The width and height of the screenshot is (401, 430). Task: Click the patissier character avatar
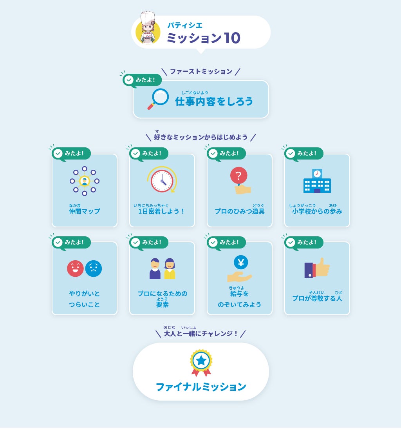click(148, 29)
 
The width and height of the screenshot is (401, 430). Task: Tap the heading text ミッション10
click(203, 38)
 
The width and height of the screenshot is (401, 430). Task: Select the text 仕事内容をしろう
click(214, 102)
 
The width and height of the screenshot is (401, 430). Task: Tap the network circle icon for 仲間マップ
click(84, 181)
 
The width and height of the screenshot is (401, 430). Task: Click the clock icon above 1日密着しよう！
click(162, 180)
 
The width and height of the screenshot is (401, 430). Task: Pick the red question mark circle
click(238, 175)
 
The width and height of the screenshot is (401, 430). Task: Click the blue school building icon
click(317, 181)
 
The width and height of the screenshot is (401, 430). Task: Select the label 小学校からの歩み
click(317, 211)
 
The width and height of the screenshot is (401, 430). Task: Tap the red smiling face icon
click(75, 269)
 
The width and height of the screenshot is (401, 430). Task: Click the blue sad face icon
click(94, 269)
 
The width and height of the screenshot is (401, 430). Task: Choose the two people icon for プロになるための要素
click(162, 269)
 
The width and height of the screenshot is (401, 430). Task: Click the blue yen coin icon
click(240, 262)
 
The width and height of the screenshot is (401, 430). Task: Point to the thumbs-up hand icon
click(322, 268)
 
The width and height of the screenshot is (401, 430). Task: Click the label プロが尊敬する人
click(317, 298)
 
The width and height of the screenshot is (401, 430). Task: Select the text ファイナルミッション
click(201, 387)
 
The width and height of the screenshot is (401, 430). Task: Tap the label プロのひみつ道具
click(239, 211)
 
